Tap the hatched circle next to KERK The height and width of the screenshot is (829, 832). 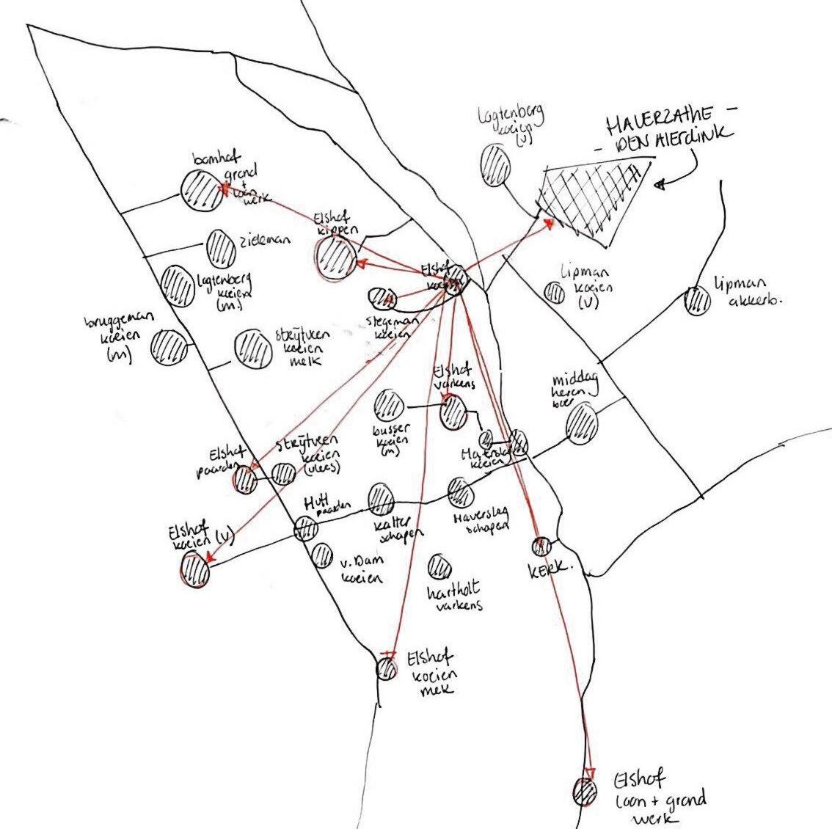coord(541,546)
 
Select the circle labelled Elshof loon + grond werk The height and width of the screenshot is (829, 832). coord(585,792)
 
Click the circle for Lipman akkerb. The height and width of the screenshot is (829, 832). coord(696,300)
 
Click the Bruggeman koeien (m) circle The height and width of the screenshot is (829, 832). coord(169,346)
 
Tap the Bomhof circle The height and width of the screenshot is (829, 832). coord(201,189)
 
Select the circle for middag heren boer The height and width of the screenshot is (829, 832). coord(583,423)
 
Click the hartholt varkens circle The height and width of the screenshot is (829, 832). coord(439,566)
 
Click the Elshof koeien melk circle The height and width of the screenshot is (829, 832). coord(387,668)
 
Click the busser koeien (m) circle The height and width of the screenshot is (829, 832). coord(388,404)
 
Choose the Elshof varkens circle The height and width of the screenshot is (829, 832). coord(453,413)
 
